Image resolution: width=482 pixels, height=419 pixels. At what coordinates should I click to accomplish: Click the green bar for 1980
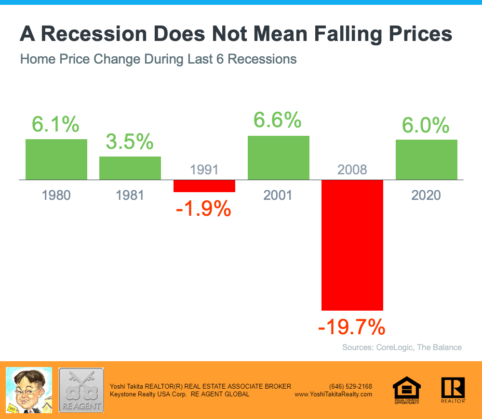56,159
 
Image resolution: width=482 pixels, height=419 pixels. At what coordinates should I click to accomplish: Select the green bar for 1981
130,168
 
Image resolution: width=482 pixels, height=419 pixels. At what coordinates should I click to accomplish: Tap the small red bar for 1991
204,186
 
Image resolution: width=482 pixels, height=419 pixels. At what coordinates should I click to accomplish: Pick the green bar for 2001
279,157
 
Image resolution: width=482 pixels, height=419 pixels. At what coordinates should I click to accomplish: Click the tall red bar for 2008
352,245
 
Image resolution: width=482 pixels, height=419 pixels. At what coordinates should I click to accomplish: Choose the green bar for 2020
427,159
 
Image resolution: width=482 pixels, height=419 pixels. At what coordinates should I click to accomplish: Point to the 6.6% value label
278,120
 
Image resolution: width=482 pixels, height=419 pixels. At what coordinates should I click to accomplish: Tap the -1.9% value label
204,209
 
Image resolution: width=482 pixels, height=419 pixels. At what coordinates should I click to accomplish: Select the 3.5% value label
130,142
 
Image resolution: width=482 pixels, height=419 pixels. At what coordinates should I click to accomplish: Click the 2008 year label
352,170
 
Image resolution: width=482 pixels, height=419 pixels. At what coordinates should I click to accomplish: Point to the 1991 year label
204,170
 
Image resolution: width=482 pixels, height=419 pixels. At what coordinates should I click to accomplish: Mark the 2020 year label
427,195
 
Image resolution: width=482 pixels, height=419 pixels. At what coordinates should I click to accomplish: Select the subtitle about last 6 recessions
158,60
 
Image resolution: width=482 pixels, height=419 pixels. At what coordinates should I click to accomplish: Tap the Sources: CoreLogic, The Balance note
402,347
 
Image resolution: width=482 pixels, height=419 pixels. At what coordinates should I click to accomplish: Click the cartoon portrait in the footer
28,390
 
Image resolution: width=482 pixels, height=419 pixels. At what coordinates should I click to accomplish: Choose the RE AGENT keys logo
81,390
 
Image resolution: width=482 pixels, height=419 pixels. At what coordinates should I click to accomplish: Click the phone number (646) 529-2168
350,386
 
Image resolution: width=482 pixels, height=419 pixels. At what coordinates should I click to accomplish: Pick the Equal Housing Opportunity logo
406,390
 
